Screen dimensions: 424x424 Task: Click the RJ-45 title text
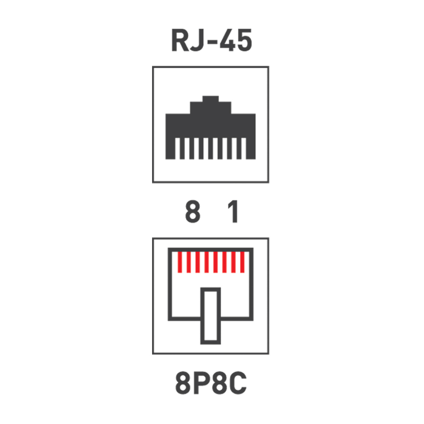click(211, 40)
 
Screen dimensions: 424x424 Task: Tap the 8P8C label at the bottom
click(211, 383)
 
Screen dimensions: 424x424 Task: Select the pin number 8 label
click(193, 211)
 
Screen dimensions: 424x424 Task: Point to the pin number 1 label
click(233, 211)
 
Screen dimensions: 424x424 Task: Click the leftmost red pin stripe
click(180, 262)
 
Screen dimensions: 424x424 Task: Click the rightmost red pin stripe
click(242, 262)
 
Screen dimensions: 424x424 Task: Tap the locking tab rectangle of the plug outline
click(210, 316)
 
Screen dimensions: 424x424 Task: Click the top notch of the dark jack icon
click(210, 99)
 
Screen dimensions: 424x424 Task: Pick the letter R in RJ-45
click(180, 40)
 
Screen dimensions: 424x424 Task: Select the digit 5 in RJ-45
click(245, 40)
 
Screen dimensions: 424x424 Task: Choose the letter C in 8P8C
click(238, 383)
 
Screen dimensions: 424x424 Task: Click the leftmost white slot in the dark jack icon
click(178, 148)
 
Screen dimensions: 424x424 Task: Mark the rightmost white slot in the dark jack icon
click(244, 148)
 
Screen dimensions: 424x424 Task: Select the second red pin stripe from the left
click(189, 262)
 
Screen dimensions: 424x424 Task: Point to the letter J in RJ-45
click(197, 40)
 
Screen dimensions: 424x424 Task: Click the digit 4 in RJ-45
click(227, 40)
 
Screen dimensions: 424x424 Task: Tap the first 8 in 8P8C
click(183, 383)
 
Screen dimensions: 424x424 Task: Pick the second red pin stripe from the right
click(233, 262)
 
